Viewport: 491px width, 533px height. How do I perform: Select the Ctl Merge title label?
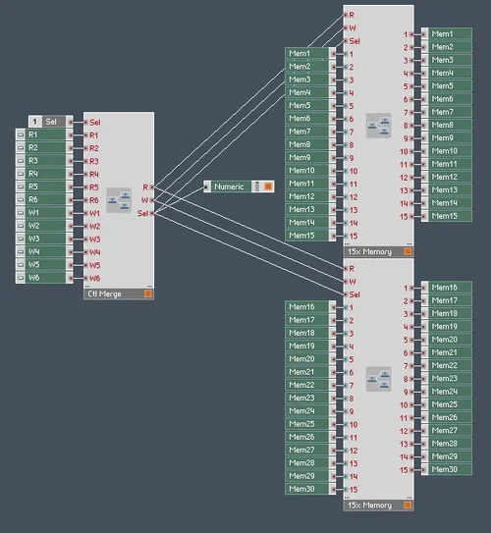tap(106, 293)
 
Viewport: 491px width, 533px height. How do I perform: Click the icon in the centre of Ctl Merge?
tap(119, 200)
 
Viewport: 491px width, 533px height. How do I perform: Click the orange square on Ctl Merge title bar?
tap(147, 293)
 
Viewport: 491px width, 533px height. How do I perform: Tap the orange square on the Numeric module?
tap(267, 187)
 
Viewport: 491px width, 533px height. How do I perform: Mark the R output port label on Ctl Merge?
tap(145, 187)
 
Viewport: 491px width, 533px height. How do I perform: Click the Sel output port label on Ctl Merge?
tap(143, 212)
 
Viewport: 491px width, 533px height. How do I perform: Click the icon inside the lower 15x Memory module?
tap(378, 378)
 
